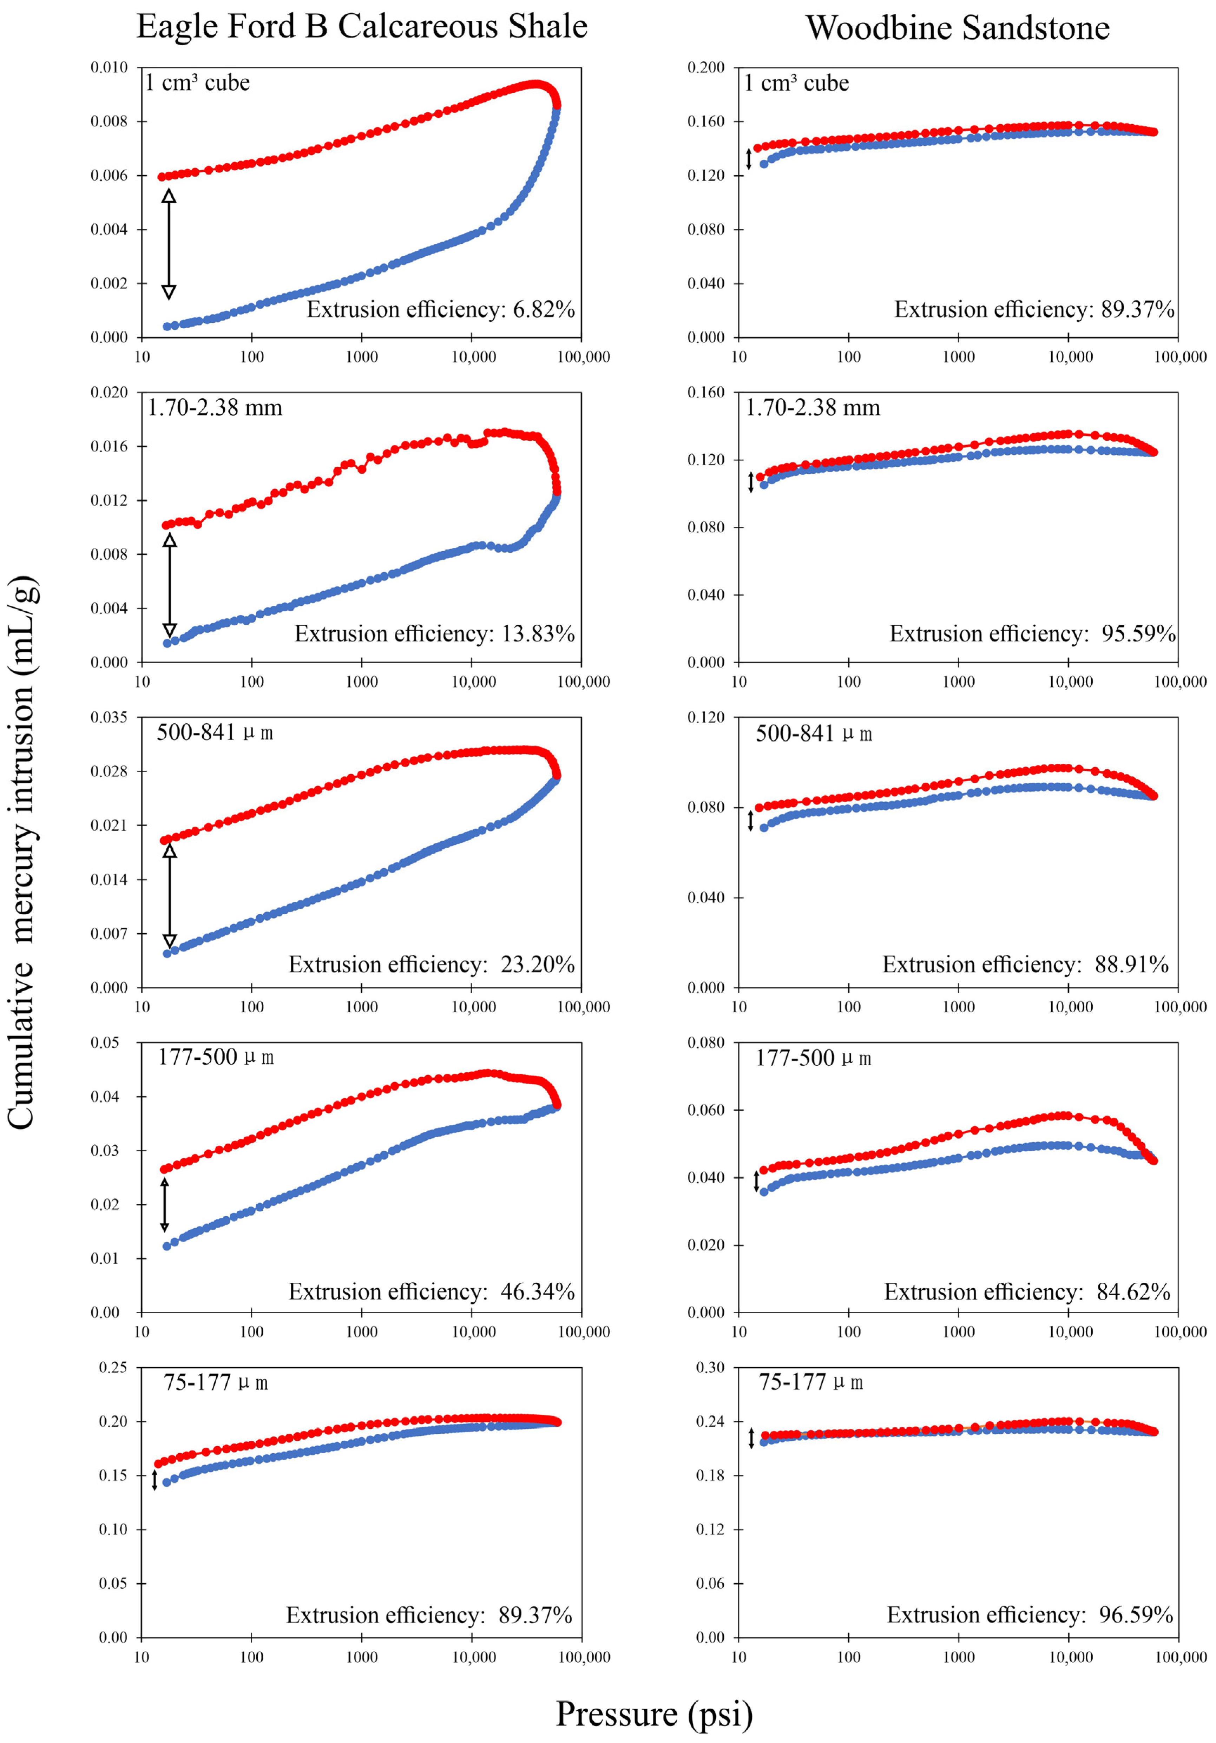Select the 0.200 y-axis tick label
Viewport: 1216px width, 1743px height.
[706, 67]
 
